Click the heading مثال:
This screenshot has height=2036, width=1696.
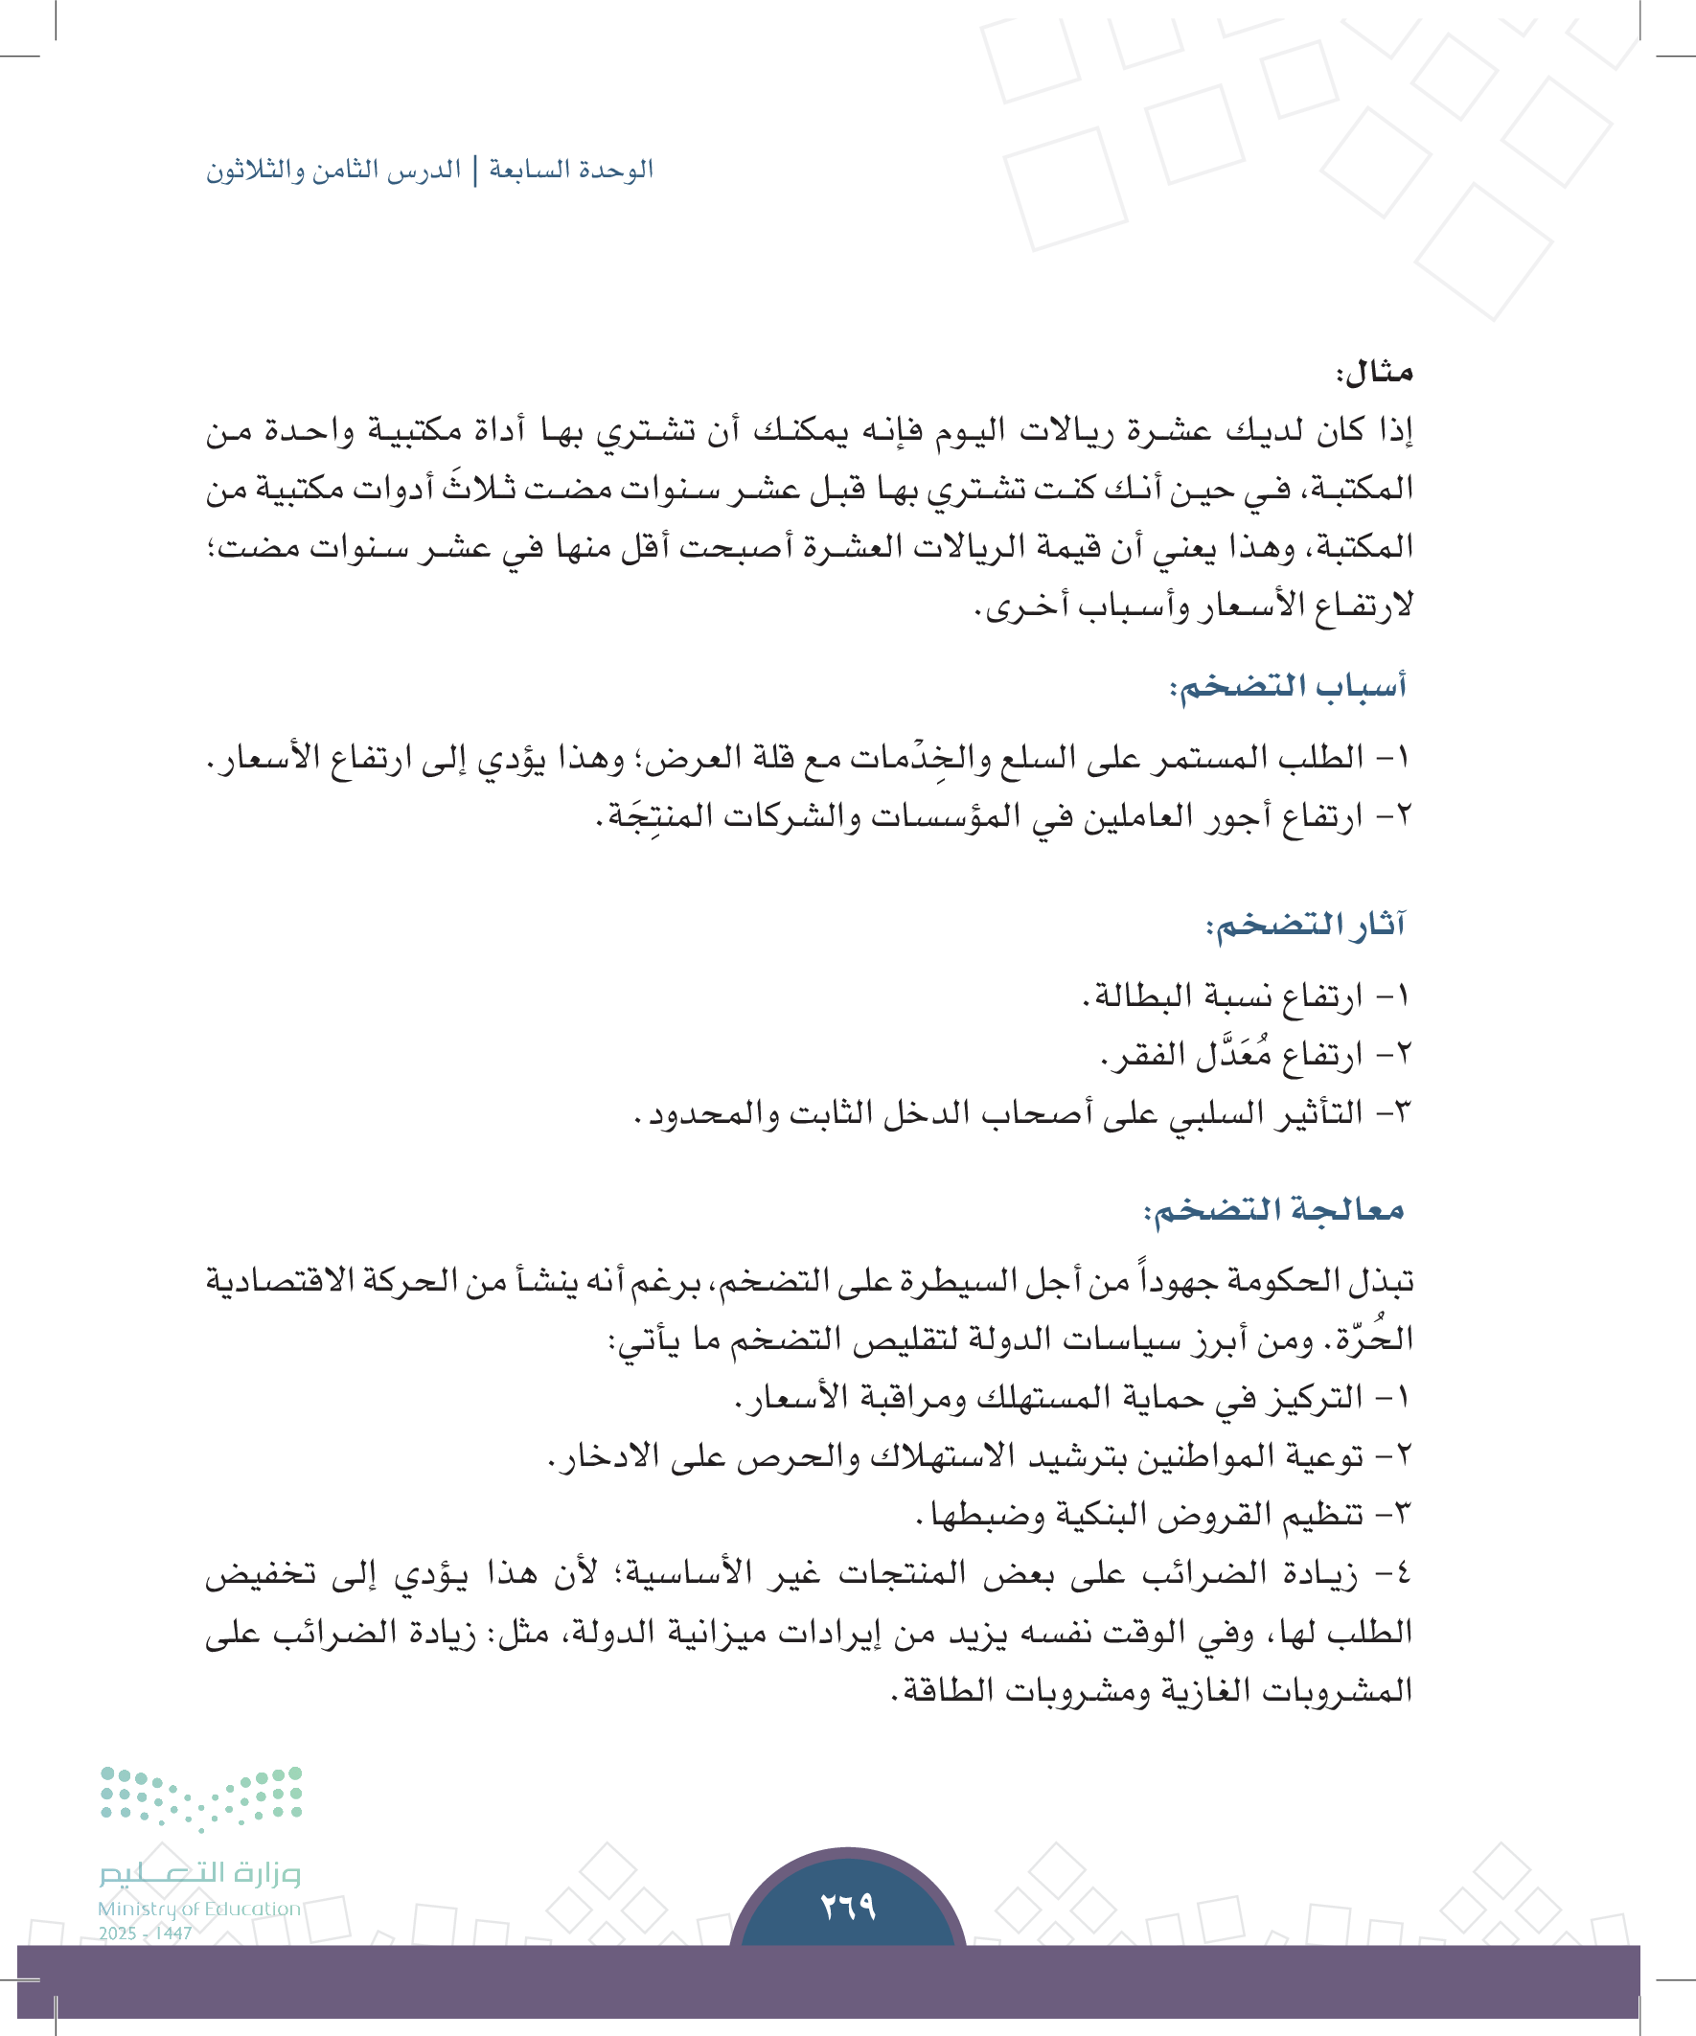point(1374,373)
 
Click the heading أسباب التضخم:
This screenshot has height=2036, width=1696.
point(1287,686)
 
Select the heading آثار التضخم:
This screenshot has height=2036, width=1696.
point(1305,924)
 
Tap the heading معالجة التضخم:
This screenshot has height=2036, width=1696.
point(1274,1210)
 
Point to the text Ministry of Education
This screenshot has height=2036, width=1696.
point(198,1908)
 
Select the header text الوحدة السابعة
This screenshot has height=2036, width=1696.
point(571,170)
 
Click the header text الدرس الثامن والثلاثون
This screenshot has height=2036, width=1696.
point(332,170)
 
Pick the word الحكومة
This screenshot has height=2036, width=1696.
point(1275,1281)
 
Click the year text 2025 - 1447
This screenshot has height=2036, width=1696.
point(146,1933)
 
